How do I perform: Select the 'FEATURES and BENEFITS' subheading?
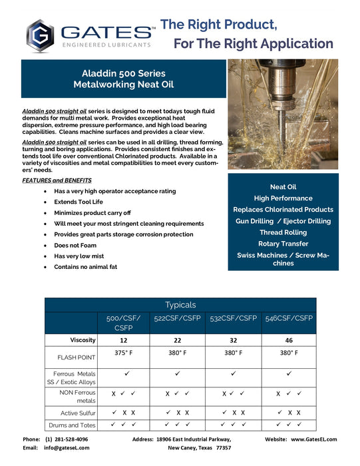[x=57, y=180]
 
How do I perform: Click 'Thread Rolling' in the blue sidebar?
[x=282, y=232]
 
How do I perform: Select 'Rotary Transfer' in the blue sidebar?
[x=282, y=244]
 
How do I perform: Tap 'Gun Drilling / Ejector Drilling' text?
[x=282, y=221]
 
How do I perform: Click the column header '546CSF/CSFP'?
[x=288, y=319]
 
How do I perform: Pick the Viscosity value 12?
[x=124, y=340]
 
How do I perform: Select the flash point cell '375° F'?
[x=124, y=353]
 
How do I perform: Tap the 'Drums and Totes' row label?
[x=71, y=425]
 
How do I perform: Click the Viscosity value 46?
[x=288, y=340]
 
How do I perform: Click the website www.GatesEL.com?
[x=313, y=439]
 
